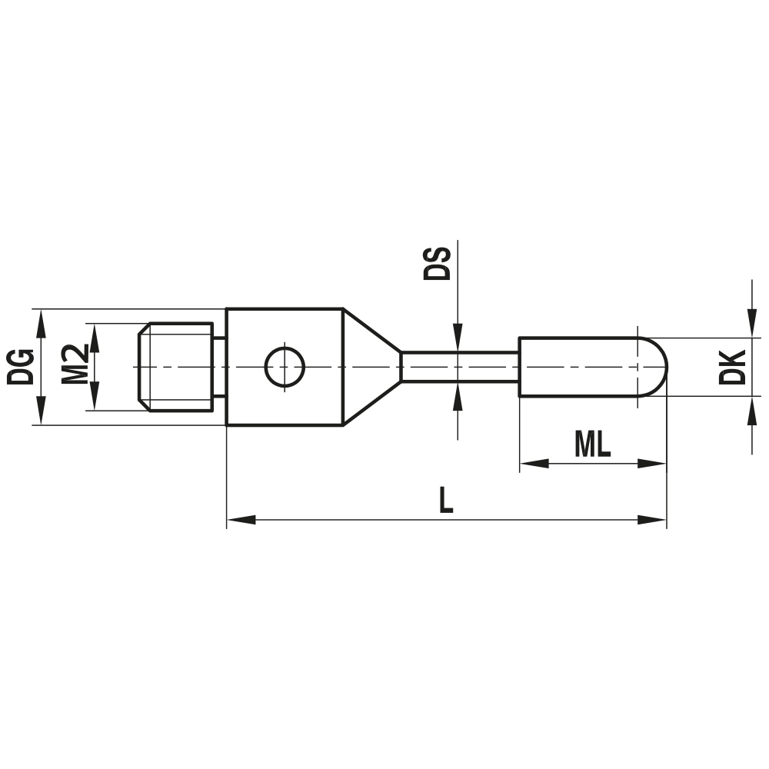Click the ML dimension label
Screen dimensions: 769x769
point(591,444)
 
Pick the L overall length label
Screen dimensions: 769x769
point(445,501)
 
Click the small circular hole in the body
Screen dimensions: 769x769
point(285,367)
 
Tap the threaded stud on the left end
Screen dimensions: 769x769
point(177,367)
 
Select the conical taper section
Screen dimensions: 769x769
point(369,367)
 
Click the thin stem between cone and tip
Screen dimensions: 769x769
point(460,367)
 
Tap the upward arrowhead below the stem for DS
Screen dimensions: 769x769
point(457,395)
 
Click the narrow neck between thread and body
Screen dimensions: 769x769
point(219,367)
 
